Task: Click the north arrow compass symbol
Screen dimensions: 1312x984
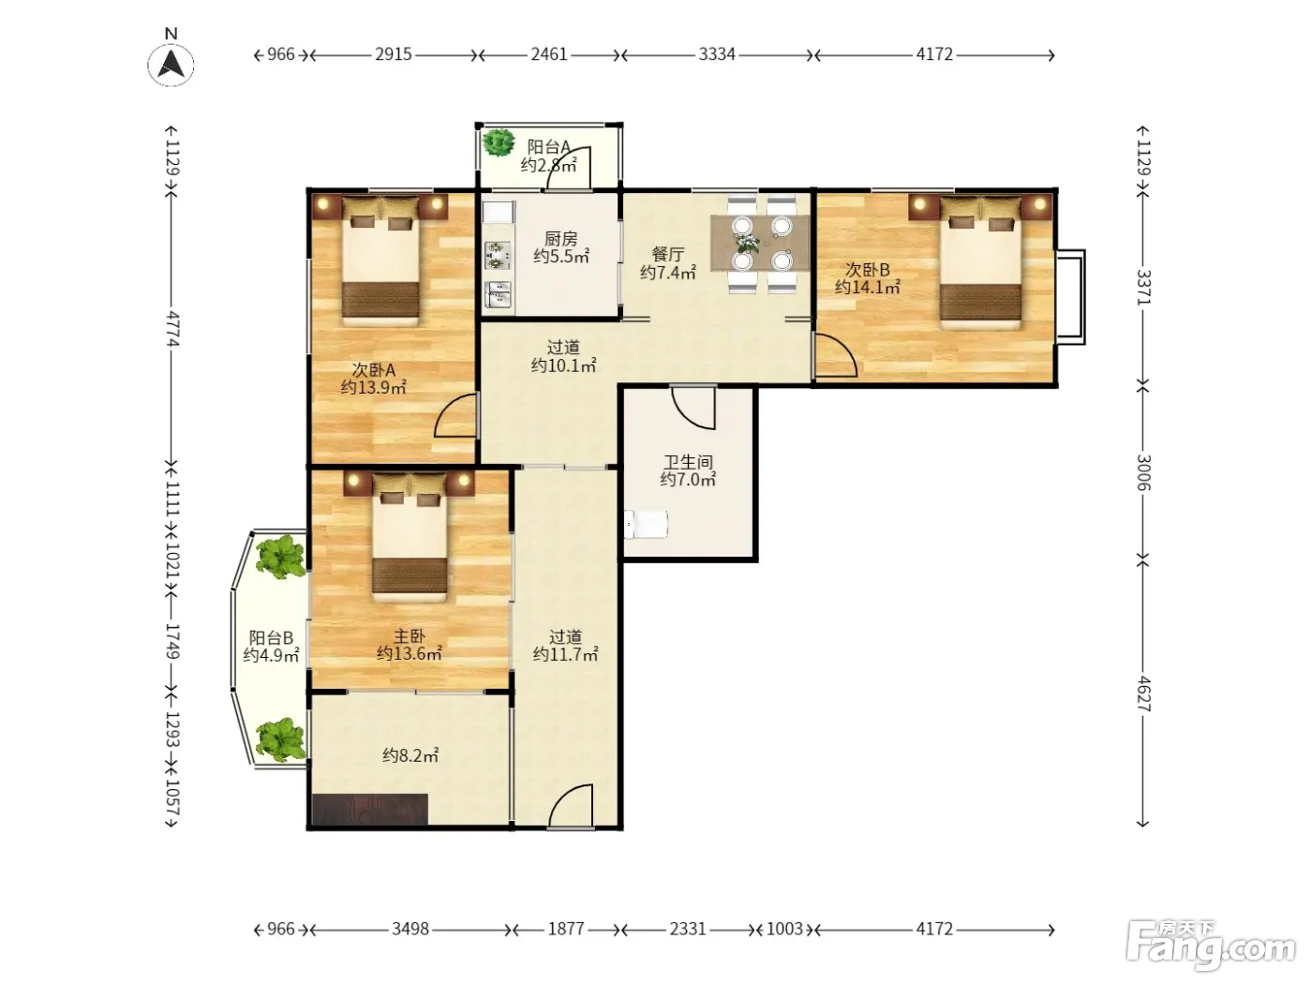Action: click(171, 64)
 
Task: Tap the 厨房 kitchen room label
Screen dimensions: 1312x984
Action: click(560, 239)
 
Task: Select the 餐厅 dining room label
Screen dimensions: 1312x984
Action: click(667, 255)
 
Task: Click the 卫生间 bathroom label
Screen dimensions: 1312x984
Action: click(687, 462)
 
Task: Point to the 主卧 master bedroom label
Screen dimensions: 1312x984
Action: click(410, 636)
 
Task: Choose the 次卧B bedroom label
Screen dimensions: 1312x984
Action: click(867, 270)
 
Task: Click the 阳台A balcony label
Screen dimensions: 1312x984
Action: click(549, 146)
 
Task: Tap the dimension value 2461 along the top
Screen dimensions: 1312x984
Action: click(549, 54)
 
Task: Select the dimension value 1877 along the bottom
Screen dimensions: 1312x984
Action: click(566, 929)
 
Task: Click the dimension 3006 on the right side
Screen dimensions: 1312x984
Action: click(1142, 472)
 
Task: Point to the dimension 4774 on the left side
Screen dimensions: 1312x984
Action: click(172, 328)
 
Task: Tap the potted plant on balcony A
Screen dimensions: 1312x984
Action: click(499, 142)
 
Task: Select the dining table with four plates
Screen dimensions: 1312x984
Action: click(760, 243)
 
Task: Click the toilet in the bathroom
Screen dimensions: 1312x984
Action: click(646, 524)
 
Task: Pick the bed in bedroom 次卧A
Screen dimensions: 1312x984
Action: click(380, 261)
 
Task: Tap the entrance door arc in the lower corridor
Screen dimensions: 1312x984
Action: click(571, 805)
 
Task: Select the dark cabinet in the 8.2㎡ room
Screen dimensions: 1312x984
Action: click(370, 810)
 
